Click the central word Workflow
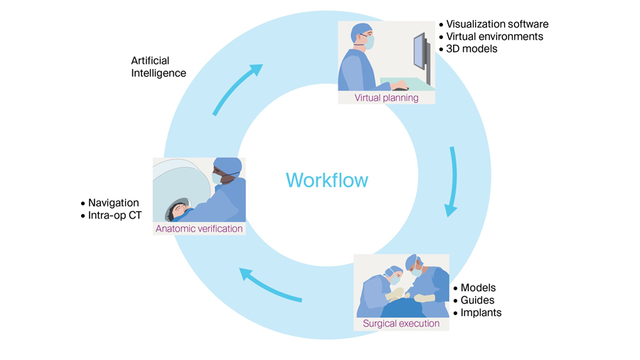327,180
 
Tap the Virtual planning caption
386,97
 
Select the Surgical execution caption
401,324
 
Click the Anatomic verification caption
199,228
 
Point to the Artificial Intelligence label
159,67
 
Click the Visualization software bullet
497,24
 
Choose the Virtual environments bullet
494,36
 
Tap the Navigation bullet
113,203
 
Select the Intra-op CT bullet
115,215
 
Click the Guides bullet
477,300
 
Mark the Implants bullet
481,312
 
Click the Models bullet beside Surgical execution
479,287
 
